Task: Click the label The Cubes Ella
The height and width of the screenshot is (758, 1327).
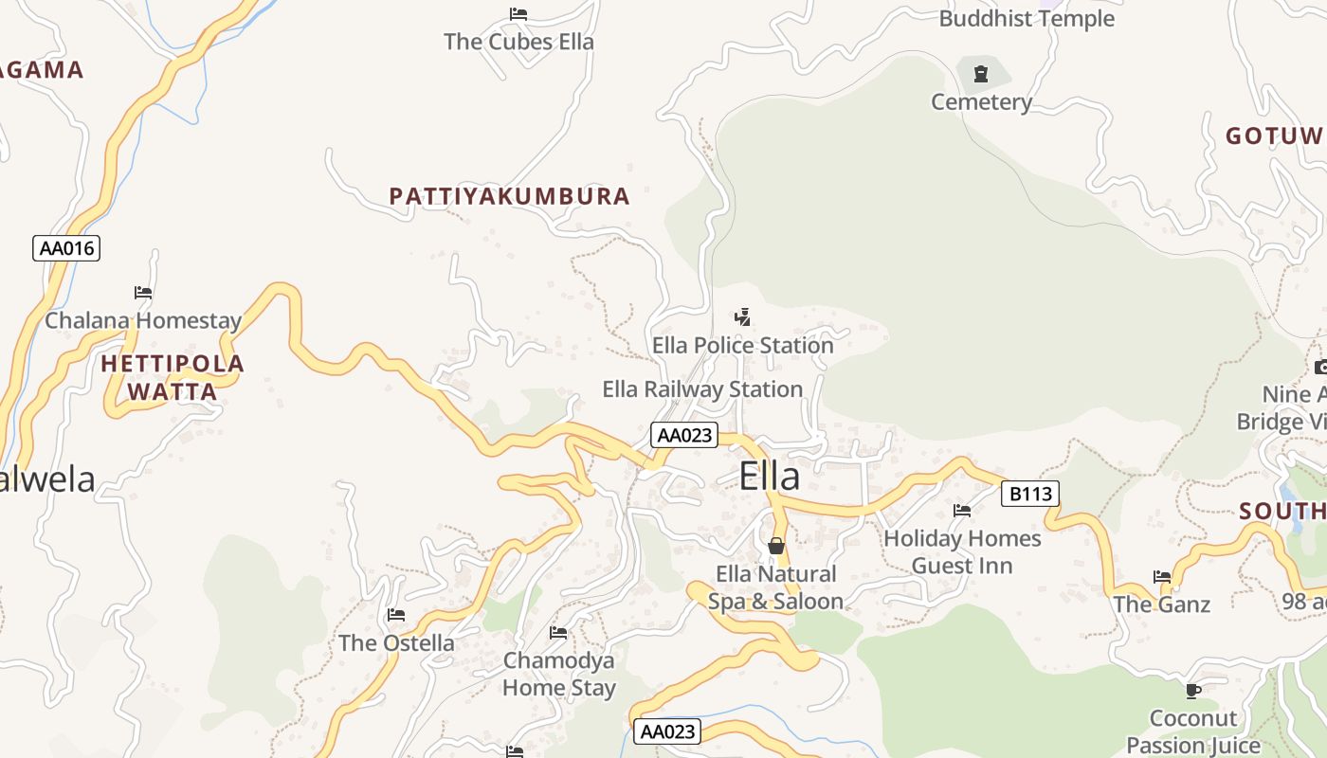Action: coord(518,42)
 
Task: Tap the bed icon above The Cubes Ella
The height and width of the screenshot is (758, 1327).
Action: coord(518,14)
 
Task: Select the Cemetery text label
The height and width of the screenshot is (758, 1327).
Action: coord(981,101)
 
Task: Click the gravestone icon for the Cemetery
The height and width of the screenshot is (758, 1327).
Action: coord(981,74)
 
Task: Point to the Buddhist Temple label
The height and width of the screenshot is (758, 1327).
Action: coord(1027,18)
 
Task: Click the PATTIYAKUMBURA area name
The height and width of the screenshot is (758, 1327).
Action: coord(509,196)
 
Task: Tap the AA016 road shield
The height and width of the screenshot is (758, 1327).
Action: coord(66,248)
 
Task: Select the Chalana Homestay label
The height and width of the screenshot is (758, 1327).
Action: coord(143,320)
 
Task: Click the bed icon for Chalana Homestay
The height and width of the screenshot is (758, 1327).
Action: coord(143,293)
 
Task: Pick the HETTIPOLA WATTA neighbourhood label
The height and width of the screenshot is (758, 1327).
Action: coord(172,377)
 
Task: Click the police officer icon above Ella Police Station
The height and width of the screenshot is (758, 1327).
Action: coord(743,317)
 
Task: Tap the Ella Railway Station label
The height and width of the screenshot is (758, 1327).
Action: coord(702,389)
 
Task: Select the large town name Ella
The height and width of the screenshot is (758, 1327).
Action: coord(769,476)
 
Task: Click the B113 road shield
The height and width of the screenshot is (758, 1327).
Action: coord(1030,494)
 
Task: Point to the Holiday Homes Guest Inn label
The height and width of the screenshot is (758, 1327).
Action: coord(962,551)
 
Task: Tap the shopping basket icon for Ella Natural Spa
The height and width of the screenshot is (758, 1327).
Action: coord(776,546)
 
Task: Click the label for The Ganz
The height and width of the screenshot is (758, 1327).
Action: coord(1161,605)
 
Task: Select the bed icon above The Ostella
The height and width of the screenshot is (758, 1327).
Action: coord(396,615)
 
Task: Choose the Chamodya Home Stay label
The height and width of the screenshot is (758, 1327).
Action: coord(558,674)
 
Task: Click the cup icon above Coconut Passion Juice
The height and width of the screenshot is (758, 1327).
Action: coord(1193,691)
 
